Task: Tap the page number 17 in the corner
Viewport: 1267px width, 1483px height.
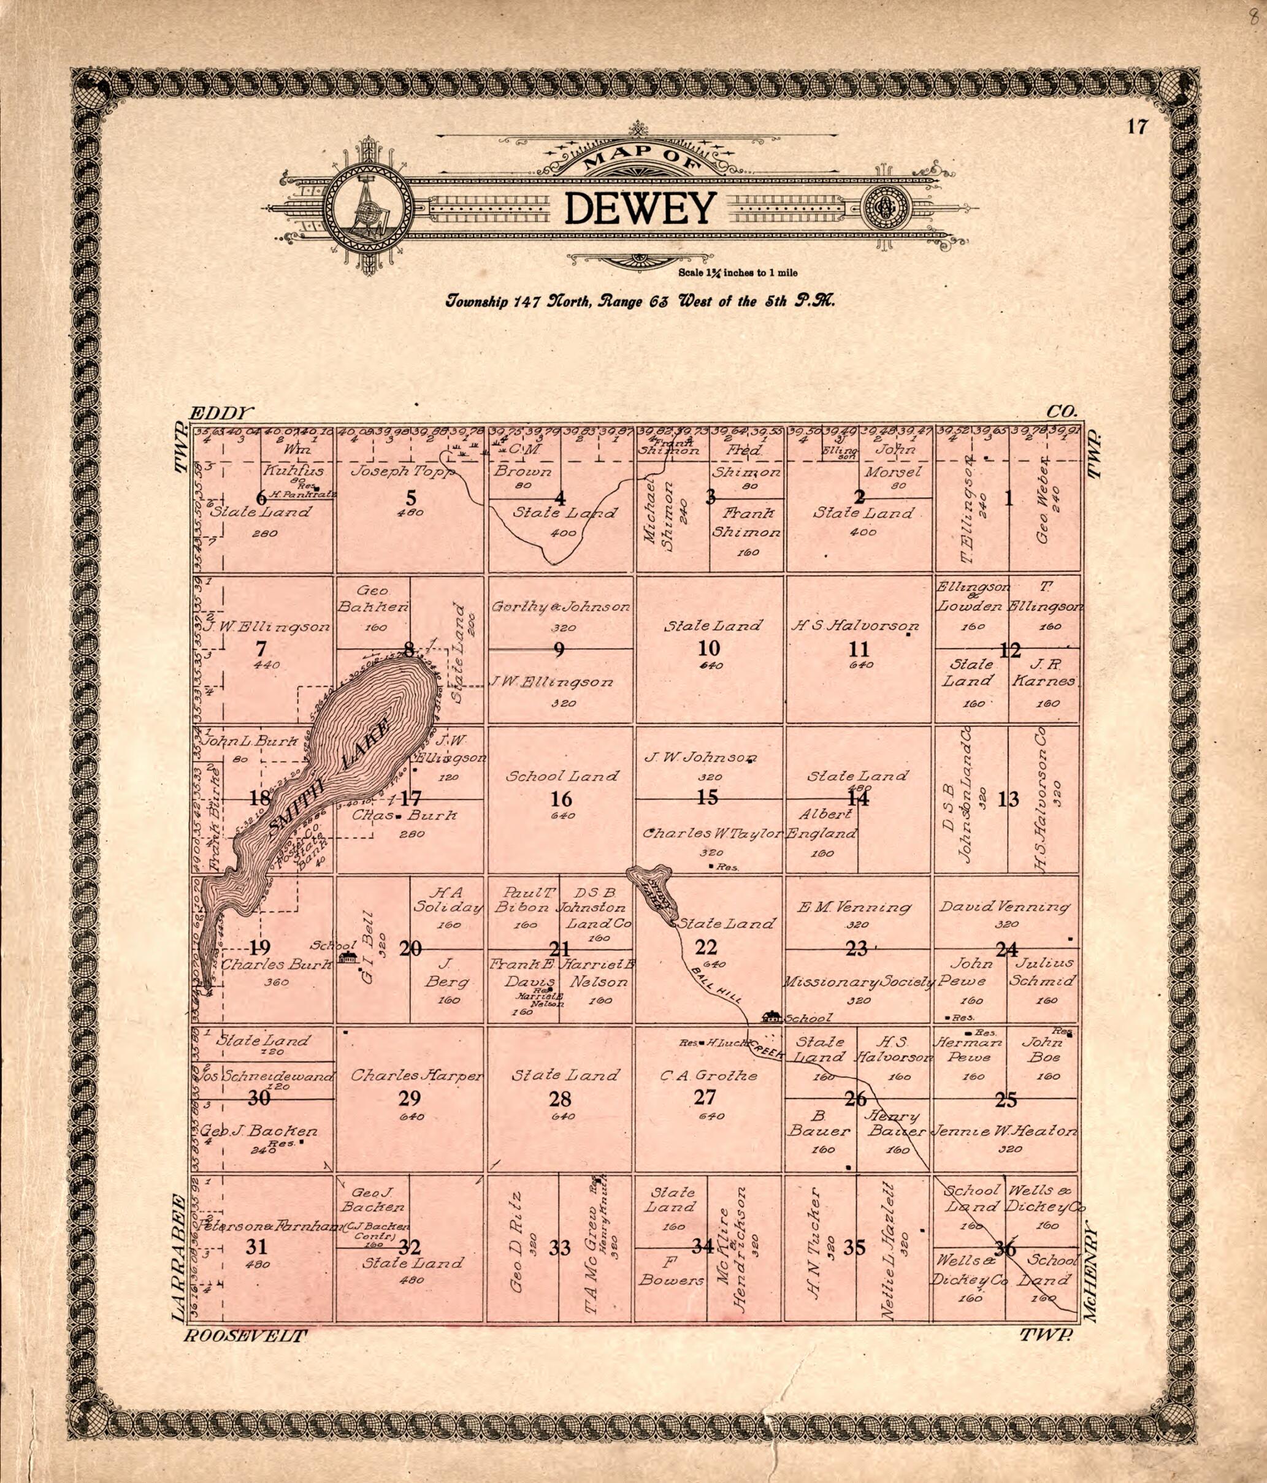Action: (1137, 128)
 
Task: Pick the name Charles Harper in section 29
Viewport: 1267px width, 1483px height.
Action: (416, 1075)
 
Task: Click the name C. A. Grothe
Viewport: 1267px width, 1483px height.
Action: (709, 1075)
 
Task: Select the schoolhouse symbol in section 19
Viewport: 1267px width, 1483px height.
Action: (347, 957)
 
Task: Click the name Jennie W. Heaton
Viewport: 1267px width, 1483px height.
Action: (1003, 1132)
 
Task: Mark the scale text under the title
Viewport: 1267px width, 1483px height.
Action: (737, 273)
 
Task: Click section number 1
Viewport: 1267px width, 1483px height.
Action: (1009, 499)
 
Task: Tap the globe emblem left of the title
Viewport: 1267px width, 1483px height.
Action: (369, 209)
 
